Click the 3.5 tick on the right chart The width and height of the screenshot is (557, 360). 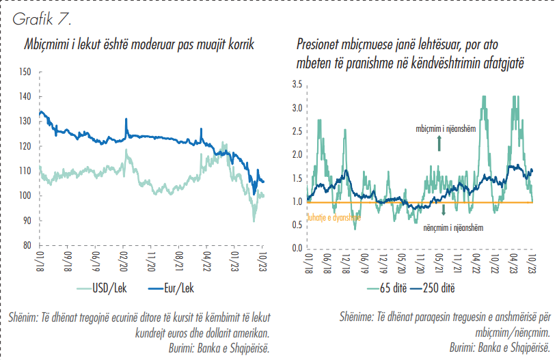[x=297, y=84]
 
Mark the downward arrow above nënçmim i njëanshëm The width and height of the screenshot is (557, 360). [x=444, y=210]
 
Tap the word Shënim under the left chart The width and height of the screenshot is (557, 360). [x=25, y=317]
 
